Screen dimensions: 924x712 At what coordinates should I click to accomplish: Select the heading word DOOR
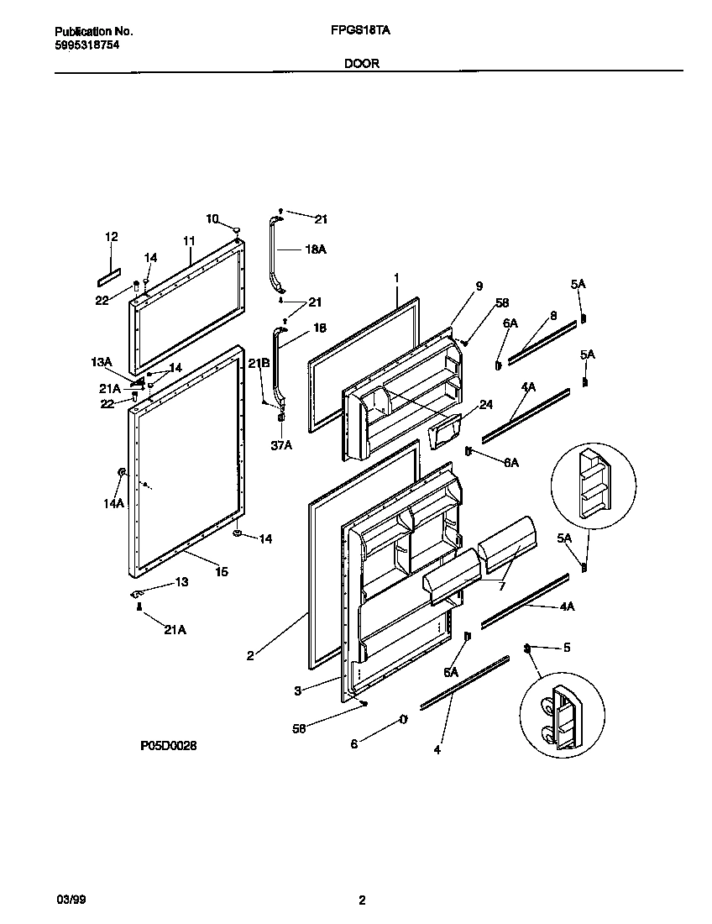click(x=361, y=63)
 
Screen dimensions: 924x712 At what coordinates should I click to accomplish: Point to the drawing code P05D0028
click(x=169, y=745)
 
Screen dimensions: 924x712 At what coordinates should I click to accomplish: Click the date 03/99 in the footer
click(x=70, y=900)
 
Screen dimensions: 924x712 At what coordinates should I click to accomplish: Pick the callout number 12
click(x=111, y=238)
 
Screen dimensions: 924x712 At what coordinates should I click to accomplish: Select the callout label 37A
click(x=281, y=445)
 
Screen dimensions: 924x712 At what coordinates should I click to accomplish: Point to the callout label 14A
click(x=114, y=503)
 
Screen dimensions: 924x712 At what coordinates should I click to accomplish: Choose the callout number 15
click(x=222, y=572)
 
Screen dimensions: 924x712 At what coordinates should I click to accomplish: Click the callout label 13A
click(x=102, y=362)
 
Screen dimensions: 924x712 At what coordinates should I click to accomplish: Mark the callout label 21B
click(x=259, y=362)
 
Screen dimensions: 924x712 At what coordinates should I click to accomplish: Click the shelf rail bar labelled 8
click(x=542, y=339)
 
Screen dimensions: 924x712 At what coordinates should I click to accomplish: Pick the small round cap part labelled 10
click(x=238, y=229)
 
